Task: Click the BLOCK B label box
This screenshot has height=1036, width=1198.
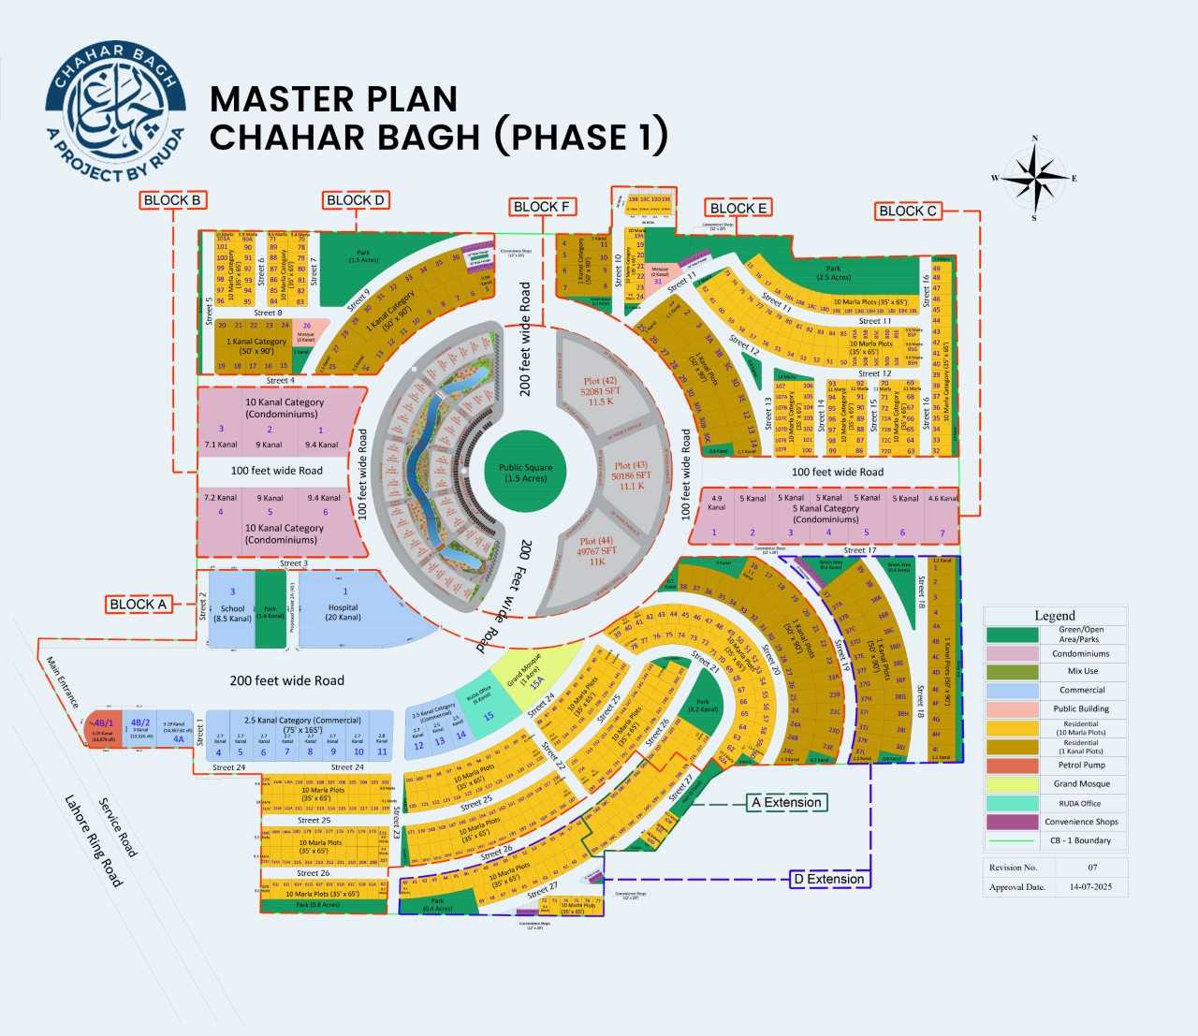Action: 172,199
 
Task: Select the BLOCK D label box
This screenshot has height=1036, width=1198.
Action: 356,199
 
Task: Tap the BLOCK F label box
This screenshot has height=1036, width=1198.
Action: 542,206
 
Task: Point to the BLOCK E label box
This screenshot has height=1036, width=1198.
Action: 738,208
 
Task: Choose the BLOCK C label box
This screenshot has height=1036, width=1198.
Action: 907,211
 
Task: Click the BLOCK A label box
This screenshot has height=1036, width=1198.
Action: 138,604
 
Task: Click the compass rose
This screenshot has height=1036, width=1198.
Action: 1034,178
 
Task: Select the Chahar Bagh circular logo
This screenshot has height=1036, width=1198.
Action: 115,111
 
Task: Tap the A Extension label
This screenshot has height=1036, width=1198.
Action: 786,802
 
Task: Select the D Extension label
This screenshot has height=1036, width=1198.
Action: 828,879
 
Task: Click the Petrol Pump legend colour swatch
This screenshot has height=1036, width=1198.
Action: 1012,766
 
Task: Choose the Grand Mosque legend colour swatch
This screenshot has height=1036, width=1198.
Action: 1012,784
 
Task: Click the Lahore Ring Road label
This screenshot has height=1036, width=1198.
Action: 94,840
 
